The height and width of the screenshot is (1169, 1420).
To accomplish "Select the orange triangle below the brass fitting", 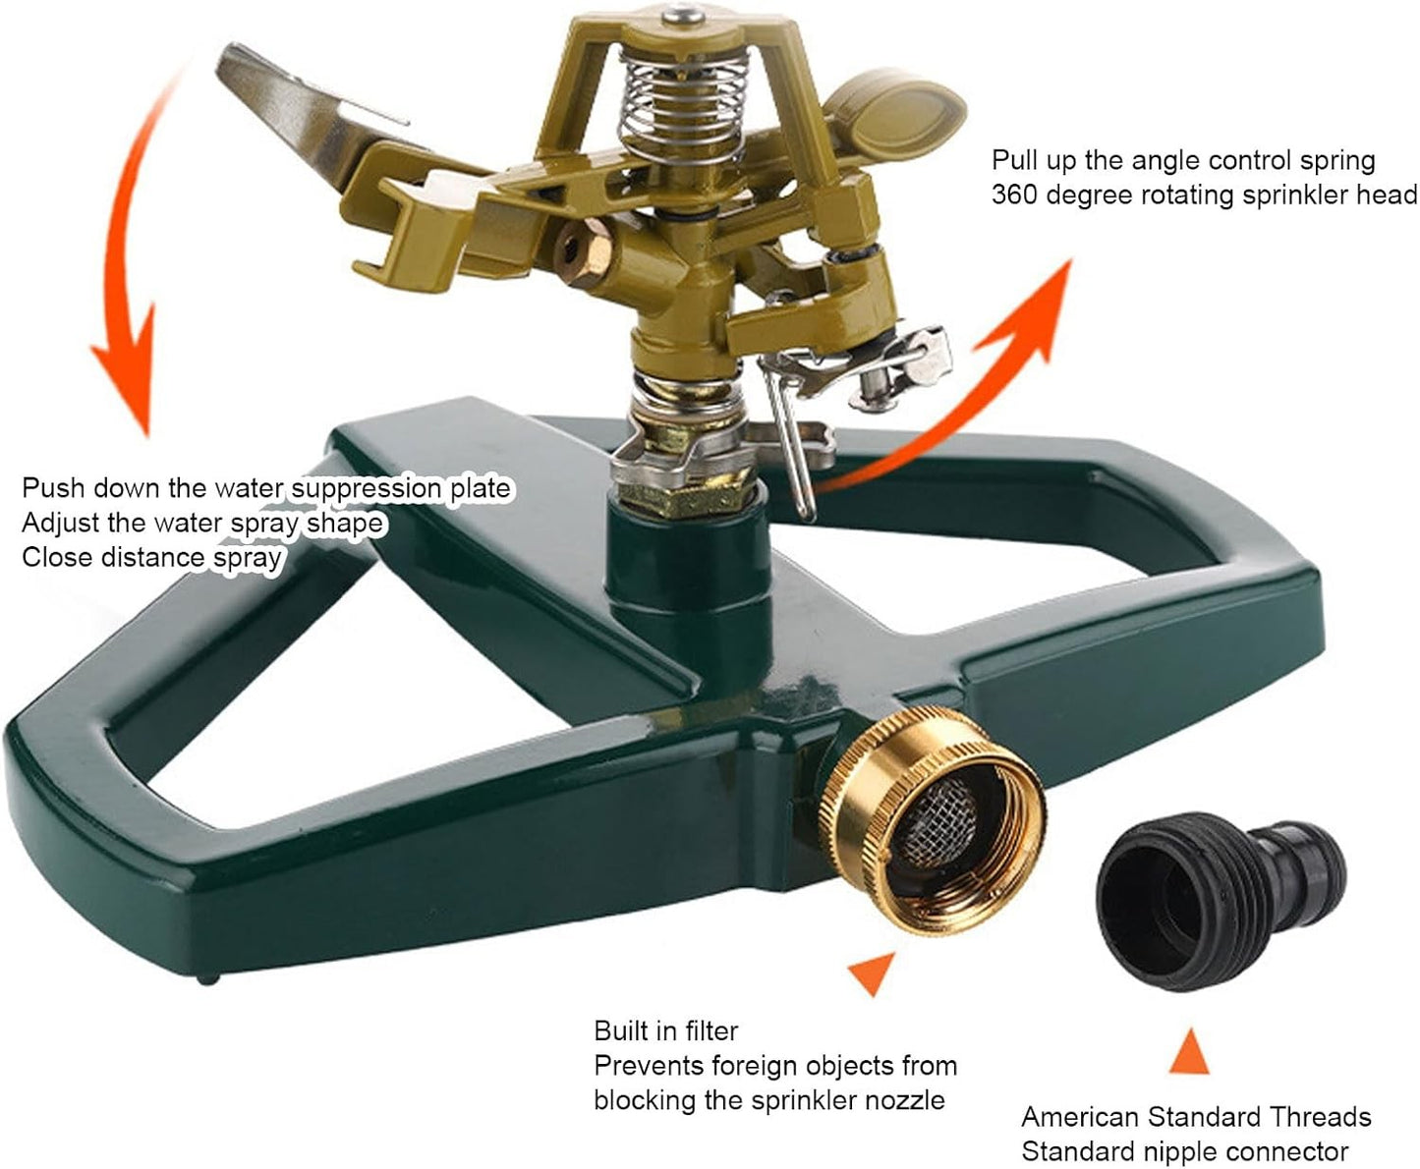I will (872, 973).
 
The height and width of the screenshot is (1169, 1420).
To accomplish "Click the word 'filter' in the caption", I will (704, 1030).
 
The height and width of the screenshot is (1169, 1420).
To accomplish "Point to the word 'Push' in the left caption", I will (54, 488).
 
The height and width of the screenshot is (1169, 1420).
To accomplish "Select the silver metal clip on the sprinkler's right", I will (904, 368).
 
